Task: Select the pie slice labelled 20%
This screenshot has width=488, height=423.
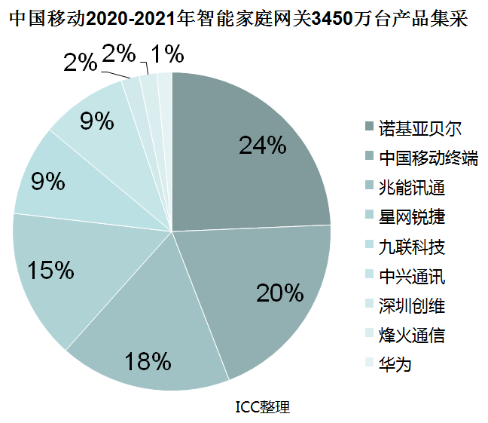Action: point(271,294)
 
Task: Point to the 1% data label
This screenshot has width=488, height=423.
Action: point(166,54)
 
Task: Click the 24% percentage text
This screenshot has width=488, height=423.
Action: point(263,146)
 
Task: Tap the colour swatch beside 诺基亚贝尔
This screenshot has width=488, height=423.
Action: point(368,127)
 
